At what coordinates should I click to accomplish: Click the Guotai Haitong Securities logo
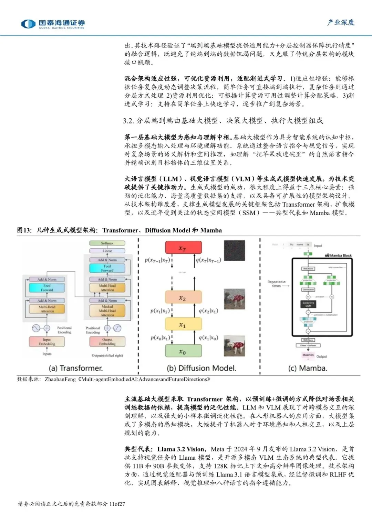53,24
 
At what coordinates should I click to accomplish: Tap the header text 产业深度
341,22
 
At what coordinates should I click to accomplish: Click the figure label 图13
24,230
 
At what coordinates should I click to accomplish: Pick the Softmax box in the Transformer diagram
107,243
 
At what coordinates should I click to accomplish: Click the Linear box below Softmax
107,251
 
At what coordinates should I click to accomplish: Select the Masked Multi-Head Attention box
107,310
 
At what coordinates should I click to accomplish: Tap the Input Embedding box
47,341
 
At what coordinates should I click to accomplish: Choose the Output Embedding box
107,341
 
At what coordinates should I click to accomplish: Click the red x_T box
183,248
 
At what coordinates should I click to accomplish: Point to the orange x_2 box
183,298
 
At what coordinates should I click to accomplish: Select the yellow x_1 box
183,324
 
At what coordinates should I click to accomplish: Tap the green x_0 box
183,351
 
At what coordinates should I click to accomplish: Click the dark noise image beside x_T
234,251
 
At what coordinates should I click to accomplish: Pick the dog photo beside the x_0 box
234,346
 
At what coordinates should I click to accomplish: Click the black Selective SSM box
308,304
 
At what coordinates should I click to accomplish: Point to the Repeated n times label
276,284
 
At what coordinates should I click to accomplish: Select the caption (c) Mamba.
308,368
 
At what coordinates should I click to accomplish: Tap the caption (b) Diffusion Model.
201,368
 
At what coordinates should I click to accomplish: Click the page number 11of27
117,504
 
